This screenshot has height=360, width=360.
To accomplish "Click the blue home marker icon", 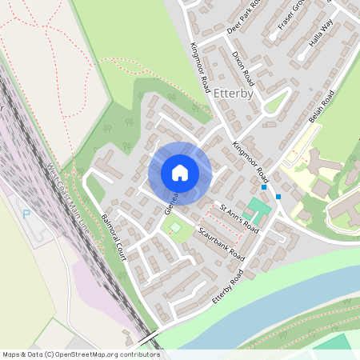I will (x=180, y=173).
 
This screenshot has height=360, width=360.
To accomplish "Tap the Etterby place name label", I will (x=234, y=93).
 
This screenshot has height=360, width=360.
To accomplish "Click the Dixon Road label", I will (x=242, y=68).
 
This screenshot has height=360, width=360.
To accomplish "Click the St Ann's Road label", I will (x=240, y=218).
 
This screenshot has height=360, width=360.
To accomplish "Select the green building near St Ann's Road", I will (x=258, y=210).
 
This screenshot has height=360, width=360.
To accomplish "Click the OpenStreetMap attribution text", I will (x=81, y=354).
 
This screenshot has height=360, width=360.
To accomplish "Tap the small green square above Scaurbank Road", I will (x=175, y=228).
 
